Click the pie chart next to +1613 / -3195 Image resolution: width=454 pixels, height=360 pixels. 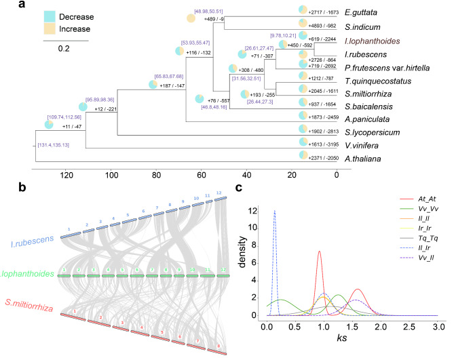(x=304, y=144)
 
